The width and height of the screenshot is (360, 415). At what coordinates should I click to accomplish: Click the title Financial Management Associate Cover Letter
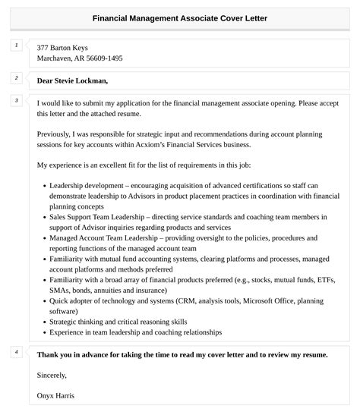[x=180, y=17]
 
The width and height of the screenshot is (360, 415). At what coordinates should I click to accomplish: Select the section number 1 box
[x=16, y=46]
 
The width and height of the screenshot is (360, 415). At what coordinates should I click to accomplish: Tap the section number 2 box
[x=16, y=77]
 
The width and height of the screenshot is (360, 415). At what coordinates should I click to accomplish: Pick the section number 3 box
[x=16, y=100]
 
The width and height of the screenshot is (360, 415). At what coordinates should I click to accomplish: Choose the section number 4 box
[x=16, y=351]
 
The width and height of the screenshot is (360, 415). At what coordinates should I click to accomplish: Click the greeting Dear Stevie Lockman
[x=72, y=80]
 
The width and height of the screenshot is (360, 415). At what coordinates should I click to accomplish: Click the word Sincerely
[x=52, y=375]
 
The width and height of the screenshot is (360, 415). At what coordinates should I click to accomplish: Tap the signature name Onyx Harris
[x=55, y=395]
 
